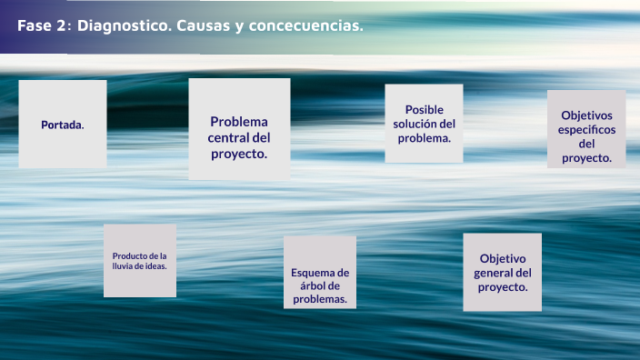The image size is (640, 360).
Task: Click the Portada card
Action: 62,124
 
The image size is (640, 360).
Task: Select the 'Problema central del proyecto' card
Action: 239,128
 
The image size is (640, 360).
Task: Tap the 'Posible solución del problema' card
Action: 424,123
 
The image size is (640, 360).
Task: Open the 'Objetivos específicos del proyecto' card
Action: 586,129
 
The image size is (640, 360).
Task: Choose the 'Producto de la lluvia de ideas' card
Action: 139,260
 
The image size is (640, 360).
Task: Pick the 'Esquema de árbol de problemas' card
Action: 319,272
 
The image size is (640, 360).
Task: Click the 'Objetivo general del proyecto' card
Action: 502,272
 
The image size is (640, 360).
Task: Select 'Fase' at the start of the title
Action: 34,26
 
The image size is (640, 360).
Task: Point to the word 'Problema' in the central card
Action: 239,122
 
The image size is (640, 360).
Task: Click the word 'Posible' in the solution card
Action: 425,109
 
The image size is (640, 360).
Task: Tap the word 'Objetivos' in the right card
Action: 587,115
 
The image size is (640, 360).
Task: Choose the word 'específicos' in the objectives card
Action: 587,129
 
